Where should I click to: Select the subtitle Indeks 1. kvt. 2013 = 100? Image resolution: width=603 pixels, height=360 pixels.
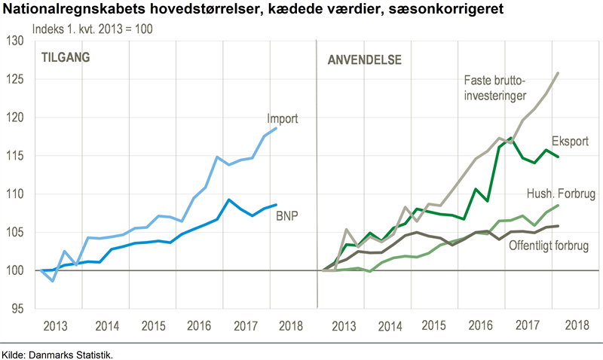(x=90, y=29)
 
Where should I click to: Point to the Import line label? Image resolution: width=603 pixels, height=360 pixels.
(x=283, y=118)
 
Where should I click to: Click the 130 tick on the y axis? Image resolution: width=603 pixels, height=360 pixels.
(x=16, y=41)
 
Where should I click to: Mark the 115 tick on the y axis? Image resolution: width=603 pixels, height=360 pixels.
(x=16, y=156)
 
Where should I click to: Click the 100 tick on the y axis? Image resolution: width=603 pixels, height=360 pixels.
(x=16, y=270)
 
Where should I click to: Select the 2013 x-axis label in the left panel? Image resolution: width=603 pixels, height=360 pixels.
(x=57, y=326)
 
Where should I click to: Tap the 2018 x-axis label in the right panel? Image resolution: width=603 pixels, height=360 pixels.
(x=577, y=326)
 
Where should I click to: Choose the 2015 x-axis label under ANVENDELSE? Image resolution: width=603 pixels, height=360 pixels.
(x=433, y=326)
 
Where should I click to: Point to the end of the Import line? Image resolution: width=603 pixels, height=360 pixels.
(x=277, y=128)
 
